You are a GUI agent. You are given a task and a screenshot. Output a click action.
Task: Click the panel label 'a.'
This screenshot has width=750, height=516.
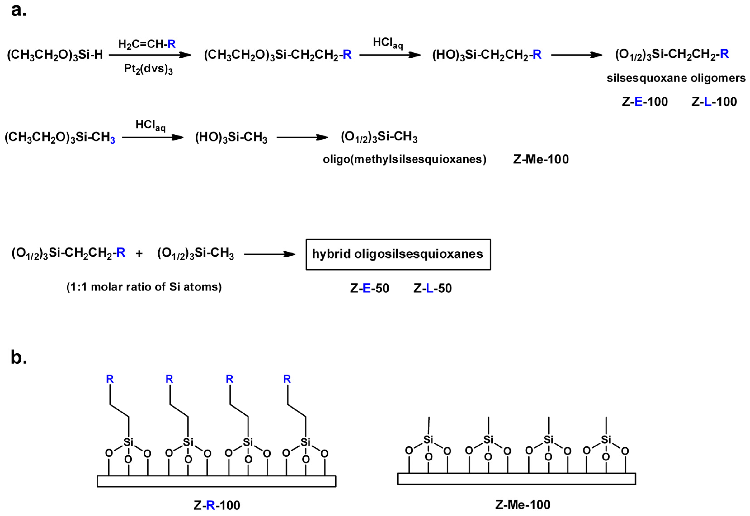point(19,10)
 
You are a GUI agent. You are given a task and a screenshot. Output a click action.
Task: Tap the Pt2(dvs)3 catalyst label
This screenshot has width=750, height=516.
point(148,69)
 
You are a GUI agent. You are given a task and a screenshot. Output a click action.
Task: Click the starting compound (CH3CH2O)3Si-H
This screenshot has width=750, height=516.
point(55,55)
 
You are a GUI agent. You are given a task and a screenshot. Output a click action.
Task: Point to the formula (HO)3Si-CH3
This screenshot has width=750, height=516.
point(231,138)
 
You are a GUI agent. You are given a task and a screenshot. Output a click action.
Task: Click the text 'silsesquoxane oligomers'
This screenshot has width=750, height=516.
point(676,78)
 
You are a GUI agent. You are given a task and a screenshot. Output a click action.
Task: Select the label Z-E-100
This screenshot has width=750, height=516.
point(644,102)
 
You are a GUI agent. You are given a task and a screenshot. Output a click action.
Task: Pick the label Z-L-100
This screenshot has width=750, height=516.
point(714,102)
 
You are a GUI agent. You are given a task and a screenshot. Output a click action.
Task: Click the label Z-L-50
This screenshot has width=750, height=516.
point(432,288)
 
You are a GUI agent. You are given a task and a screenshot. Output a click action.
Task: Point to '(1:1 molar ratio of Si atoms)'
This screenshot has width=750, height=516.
point(144,287)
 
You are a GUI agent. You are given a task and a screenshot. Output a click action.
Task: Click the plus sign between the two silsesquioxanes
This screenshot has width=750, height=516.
point(139,254)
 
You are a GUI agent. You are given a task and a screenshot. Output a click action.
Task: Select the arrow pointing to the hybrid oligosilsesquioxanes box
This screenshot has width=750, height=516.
point(269,254)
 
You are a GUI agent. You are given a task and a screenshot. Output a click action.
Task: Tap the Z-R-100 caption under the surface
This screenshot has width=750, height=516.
point(217,505)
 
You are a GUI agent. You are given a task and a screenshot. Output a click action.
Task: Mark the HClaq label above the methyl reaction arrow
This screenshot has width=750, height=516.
point(151,125)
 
